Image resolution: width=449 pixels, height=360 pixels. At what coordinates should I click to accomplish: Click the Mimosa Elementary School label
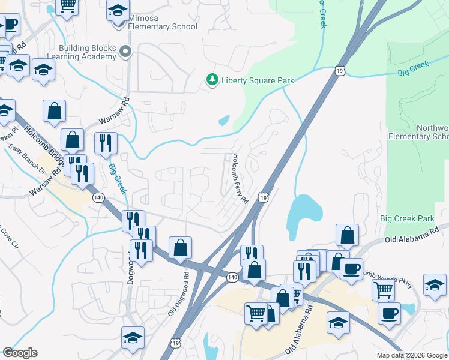click(163, 26)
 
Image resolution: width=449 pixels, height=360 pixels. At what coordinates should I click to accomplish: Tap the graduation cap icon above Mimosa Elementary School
click(118, 11)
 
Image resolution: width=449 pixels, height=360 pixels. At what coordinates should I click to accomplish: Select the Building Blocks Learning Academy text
click(87, 52)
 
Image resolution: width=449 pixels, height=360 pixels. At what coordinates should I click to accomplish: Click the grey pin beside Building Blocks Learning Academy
click(125, 53)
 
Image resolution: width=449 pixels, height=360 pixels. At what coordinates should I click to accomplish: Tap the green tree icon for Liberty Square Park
click(211, 80)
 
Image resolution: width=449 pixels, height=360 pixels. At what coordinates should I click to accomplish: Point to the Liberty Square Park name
click(249, 80)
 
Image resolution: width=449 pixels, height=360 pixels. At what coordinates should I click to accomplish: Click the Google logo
click(20, 353)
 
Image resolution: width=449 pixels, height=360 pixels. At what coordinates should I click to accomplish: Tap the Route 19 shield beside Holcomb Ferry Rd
click(263, 197)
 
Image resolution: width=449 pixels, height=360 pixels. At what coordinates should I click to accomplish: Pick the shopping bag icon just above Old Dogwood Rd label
click(180, 247)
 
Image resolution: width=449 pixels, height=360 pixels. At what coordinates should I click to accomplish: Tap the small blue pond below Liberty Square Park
click(224, 121)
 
